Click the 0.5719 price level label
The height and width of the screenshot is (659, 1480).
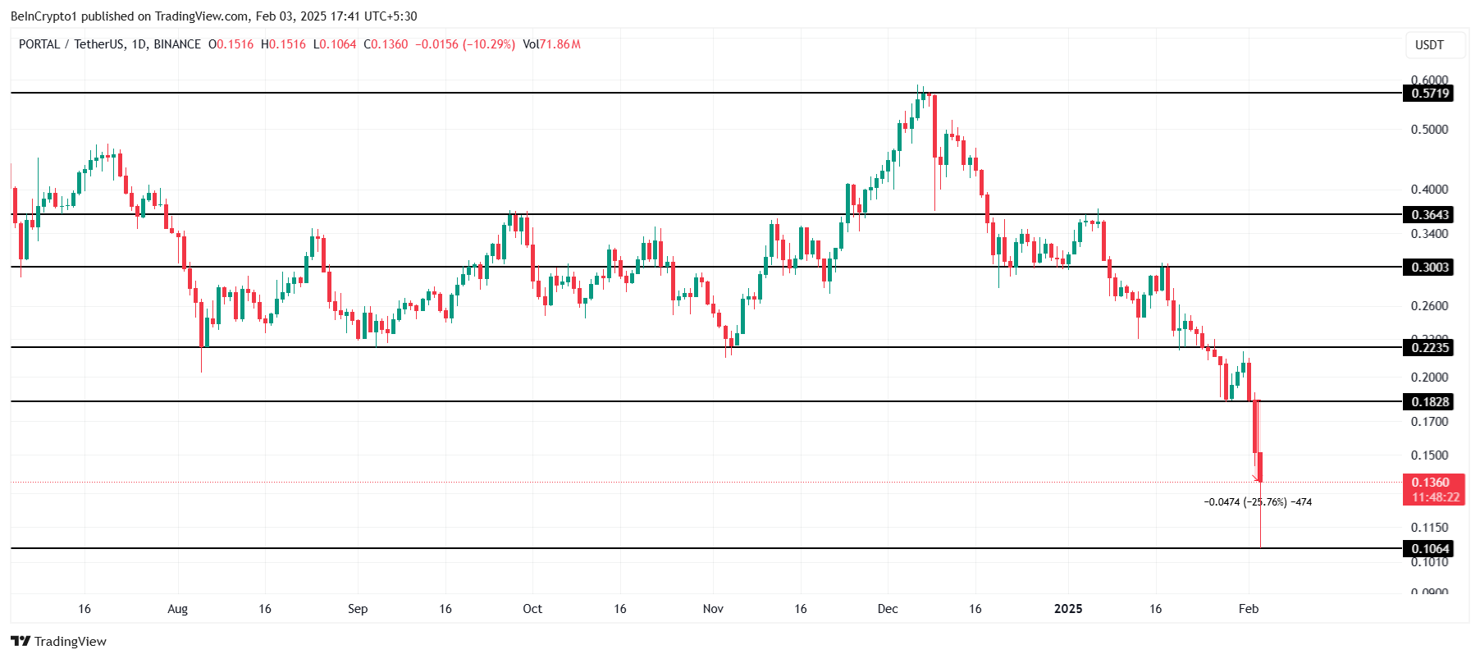[1429, 94]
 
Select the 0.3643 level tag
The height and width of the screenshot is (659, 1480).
[1429, 215]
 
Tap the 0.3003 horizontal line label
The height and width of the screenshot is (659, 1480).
[1429, 268]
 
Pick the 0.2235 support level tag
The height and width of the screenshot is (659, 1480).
[1429, 348]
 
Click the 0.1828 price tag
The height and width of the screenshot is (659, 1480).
[1429, 402]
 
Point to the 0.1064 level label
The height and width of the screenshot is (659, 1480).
[1429, 549]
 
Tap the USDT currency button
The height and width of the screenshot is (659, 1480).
[1429, 45]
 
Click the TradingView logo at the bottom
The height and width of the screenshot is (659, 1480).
[59, 642]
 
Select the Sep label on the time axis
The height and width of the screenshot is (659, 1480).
[358, 609]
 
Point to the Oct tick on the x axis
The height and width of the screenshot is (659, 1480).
[532, 609]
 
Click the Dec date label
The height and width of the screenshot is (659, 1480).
[888, 609]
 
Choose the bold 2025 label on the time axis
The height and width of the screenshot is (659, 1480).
[1068, 609]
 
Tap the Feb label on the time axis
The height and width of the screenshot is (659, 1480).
[1249, 609]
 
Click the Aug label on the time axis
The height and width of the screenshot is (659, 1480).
[177, 609]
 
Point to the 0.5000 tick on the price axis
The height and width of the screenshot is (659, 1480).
[1429, 130]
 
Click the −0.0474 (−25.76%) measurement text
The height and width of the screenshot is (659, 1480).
[1257, 502]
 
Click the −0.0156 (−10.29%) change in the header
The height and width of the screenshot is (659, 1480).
[465, 44]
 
